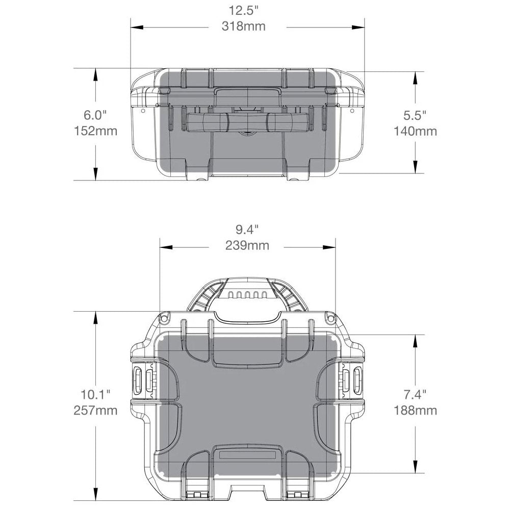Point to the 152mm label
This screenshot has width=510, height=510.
click(x=95, y=131)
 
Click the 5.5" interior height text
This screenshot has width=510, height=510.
click(x=415, y=115)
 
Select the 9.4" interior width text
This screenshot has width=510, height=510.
click(x=247, y=229)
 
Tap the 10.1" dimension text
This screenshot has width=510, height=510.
click(x=95, y=394)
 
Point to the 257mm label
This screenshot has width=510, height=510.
click(x=95, y=410)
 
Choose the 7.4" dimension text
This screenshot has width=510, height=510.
click(x=415, y=394)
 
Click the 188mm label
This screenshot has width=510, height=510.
click(x=415, y=410)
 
